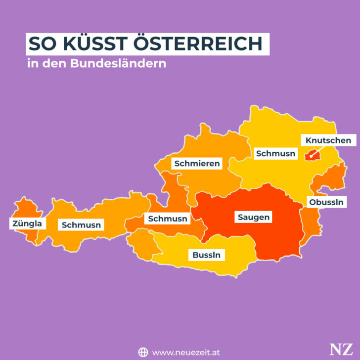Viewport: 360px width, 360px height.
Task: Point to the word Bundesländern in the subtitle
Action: click(131, 64)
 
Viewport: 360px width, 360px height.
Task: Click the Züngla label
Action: click(27, 224)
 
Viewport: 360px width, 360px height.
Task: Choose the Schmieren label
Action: click(196, 163)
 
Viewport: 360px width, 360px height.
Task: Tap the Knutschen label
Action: click(328, 140)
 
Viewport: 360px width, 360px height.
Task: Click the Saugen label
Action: click(253, 217)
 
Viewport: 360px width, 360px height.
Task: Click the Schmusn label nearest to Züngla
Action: click(81, 225)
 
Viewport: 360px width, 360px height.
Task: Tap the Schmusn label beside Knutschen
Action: click(275, 153)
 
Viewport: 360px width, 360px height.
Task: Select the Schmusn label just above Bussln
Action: click(168, 218)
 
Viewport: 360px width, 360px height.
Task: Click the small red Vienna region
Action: click(311, 155)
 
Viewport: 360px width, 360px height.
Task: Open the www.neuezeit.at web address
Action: click(186, 352)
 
